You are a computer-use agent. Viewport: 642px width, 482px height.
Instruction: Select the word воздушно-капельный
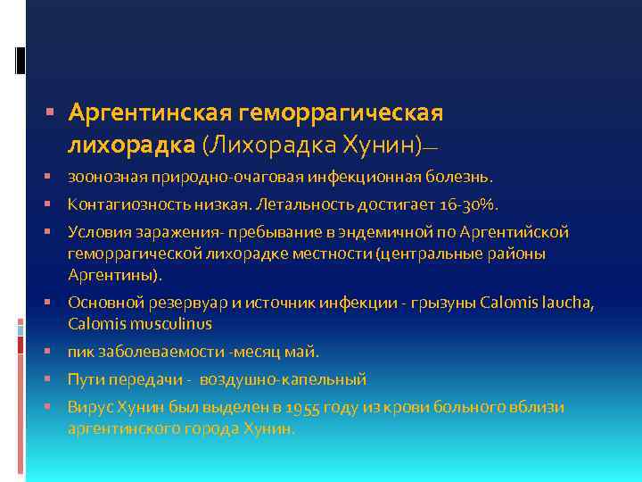[283, 379]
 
